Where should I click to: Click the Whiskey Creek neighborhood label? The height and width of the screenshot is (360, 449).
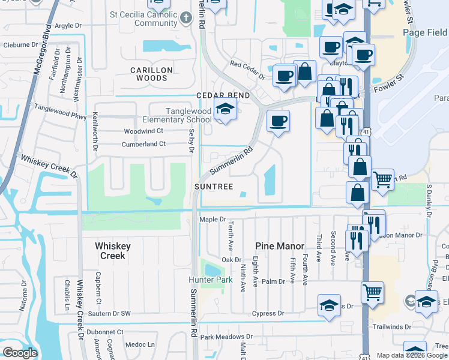point(111,251)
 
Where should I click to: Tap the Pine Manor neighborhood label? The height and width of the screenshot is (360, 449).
point(277,246)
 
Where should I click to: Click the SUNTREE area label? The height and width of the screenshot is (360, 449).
point(213,187)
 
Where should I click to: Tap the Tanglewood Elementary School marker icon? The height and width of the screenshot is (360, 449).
point(224,110)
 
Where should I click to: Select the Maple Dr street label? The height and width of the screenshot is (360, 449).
point(212,220)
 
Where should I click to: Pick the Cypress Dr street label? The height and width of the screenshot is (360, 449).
point(268,313)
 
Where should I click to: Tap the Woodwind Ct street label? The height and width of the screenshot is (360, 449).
point(143,131)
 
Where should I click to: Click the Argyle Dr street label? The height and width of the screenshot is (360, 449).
point(67,26)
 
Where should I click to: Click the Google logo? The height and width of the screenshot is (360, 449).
point(20,353)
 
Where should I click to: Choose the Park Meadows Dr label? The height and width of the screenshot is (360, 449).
point(226,337)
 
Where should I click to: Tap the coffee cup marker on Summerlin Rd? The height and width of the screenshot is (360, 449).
point(278,121)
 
